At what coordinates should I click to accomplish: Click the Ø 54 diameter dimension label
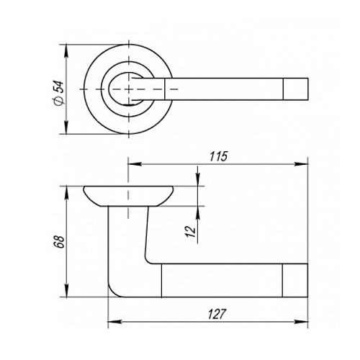[59, 93]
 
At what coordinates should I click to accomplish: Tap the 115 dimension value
[218, 156]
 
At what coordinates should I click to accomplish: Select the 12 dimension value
[192, 231]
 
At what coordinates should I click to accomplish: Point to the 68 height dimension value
[59, 242]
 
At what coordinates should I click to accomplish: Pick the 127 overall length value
[217, 314]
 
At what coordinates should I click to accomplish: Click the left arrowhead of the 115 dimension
[134, 164]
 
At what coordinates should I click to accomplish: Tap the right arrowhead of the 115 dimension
[301, 164]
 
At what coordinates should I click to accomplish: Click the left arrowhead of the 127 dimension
[114, 322]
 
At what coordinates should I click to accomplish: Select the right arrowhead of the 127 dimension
[301, 322]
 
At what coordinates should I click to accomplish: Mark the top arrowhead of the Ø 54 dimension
[66, 51]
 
